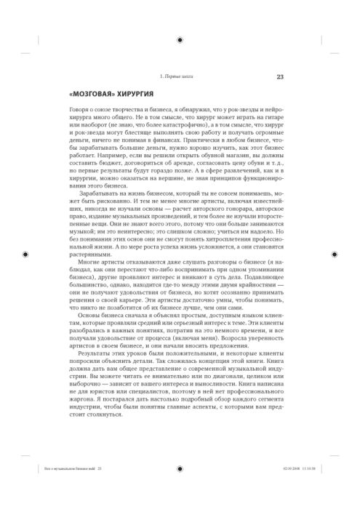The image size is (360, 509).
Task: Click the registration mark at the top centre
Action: (x=180, y=23)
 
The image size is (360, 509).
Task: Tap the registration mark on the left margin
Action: (x=25, y=254)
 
